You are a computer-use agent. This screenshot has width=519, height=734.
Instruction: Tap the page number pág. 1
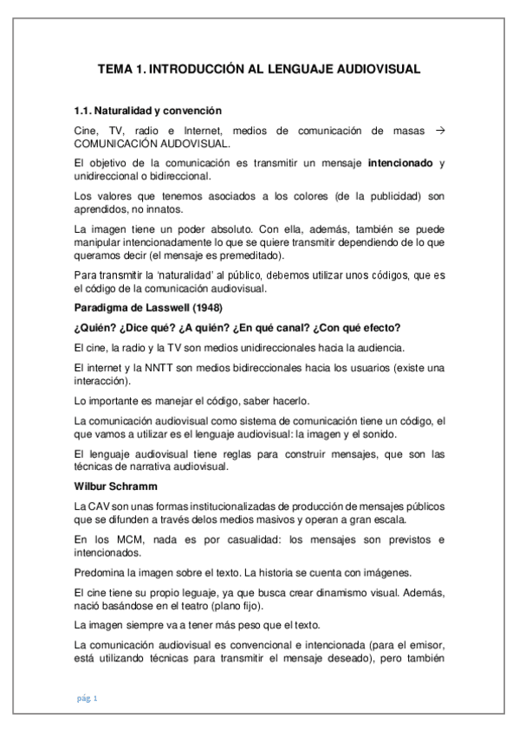(x=87, y=698)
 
